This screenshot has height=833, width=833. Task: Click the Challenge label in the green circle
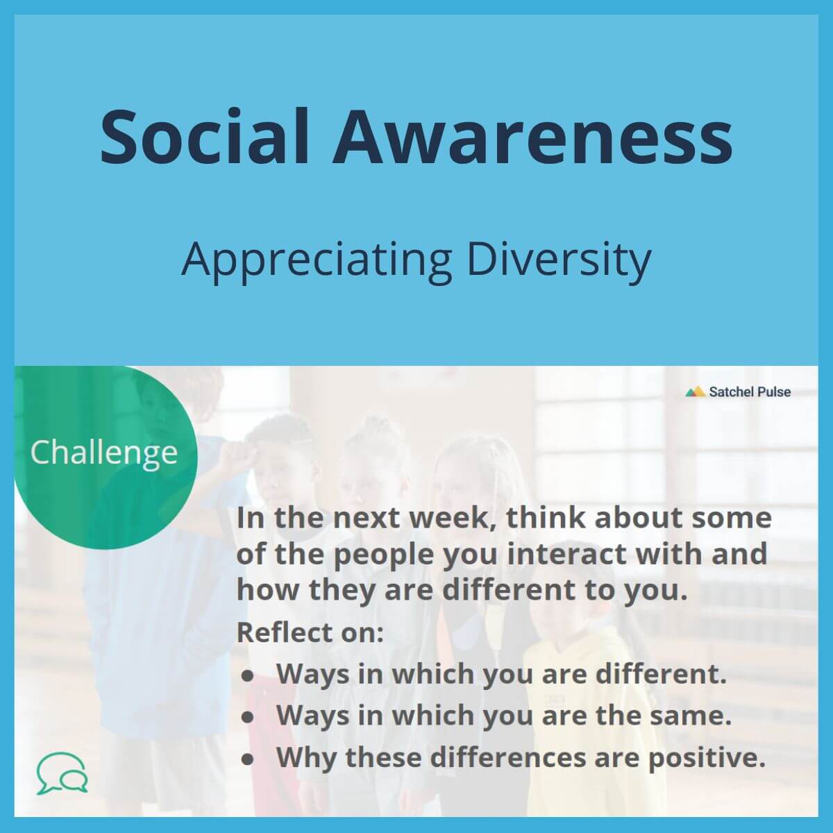pyautogui.click(x=104, y=453)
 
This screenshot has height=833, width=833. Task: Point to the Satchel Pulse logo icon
pyautogui.click(x=695, y=392)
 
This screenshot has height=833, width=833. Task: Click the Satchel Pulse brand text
pyautogui.click(x=749, y=392)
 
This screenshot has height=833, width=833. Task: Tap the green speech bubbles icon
pyautogui.click(x=62, y=773)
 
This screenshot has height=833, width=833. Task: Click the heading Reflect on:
pyautogui.click(x=310, y=632)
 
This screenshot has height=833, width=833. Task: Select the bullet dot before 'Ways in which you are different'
pyautogui.click(x=247, y=675)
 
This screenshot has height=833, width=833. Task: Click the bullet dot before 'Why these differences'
pyautogui.click(x=247, y=758)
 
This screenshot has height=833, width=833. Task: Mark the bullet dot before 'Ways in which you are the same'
pyautogui.click(x=247, y=716)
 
